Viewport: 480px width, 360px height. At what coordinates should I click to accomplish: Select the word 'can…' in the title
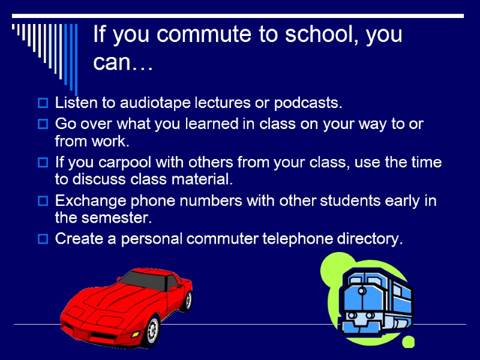click(123, 62)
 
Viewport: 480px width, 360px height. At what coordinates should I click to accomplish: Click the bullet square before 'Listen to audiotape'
click(43, 104)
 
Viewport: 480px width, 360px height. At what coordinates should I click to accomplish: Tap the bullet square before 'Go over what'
click(43, 125)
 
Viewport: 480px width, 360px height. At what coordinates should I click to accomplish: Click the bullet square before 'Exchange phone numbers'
click(43, 202)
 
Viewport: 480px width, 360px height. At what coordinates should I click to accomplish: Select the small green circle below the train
click(409, 342)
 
